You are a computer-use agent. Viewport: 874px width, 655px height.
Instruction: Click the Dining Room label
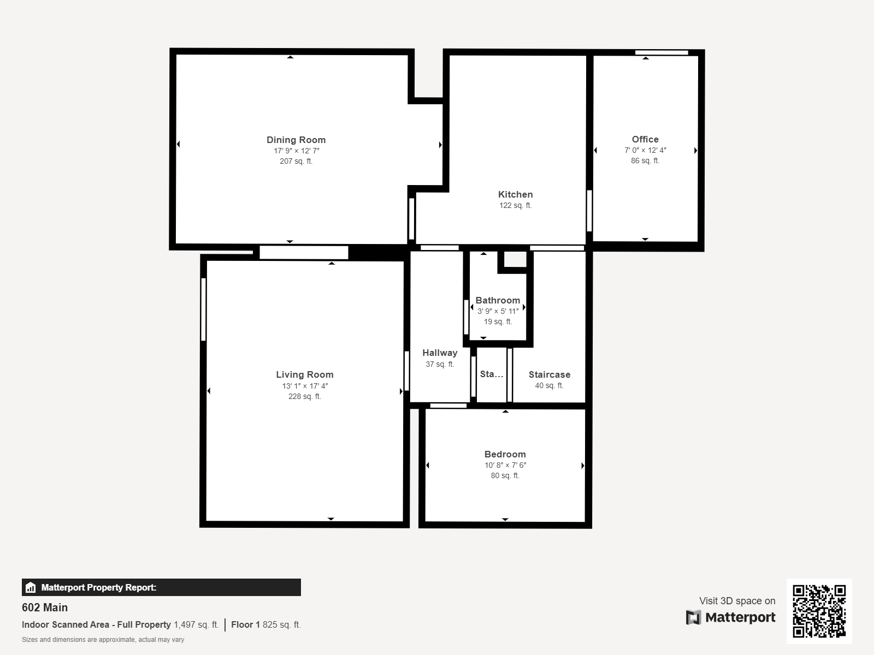point(296,140)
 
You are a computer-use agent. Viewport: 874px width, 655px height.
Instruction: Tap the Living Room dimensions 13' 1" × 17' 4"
point(305,386)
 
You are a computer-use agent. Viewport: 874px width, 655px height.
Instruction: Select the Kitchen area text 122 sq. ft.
point(516,205)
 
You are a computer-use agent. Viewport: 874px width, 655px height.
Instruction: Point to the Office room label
point(645,139)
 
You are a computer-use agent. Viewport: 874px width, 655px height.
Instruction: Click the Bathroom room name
point(498,300)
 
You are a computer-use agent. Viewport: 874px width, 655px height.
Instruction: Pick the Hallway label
point(440,353)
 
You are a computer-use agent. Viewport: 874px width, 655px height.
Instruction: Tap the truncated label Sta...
point(491,374)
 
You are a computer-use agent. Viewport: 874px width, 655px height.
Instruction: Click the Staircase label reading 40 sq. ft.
point(549,385)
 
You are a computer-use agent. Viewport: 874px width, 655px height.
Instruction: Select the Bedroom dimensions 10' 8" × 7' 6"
point(505,465)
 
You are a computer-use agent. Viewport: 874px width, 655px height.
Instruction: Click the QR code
point(819,611)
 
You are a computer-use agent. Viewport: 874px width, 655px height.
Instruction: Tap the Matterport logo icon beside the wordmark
point(693,617)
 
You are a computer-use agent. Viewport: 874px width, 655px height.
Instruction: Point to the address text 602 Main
point(45,608)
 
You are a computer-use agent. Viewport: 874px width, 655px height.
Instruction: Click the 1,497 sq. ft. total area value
point(196,624)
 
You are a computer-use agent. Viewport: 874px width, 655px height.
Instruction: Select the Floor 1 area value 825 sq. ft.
point(281,624)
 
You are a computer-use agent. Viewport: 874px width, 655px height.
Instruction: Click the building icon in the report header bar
point(31,587)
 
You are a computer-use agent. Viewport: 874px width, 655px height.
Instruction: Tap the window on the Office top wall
point(662,52)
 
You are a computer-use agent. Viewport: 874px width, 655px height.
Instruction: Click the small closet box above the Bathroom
point(515,259)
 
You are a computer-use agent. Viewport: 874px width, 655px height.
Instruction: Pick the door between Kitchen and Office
point(589,211)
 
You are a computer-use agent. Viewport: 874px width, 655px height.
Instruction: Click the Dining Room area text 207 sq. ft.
point(296,161)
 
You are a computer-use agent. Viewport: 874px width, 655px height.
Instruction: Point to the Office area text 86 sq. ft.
point(645,160)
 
